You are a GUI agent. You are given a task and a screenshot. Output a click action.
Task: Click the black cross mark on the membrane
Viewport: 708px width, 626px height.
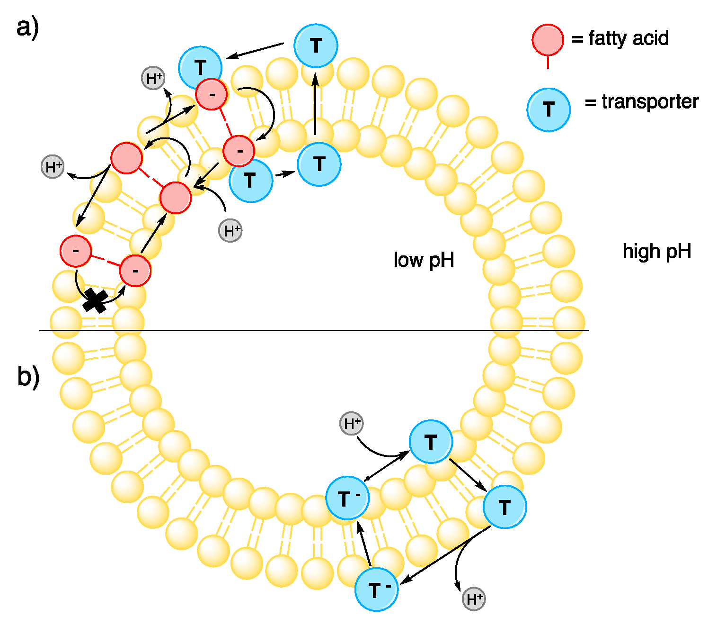[x=95, y=301]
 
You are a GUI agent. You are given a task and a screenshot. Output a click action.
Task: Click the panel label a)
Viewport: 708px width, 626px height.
[x=27, y=27]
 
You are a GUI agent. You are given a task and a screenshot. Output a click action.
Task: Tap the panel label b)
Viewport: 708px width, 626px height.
[x=28, y=377]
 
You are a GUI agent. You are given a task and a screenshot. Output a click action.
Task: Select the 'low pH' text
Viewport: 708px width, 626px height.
[x=424, y=260]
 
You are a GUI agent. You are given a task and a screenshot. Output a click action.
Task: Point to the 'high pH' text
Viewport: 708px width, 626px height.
[x=657, y=251]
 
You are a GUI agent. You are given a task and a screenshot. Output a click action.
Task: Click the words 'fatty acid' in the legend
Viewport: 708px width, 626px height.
[x=628, y=38]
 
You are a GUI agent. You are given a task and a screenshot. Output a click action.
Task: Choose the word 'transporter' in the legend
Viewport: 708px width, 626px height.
[x=650, y=101]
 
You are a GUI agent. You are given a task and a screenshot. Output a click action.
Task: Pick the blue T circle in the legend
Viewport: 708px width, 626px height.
[x=549, y=109]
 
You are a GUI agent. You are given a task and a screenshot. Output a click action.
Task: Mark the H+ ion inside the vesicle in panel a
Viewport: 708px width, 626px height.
[x=230, y=231]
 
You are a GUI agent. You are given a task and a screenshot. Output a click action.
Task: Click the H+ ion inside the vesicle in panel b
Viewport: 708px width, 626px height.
[x=352, y=424]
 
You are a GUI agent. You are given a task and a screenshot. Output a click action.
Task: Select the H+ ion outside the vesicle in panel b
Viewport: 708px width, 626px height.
[x=474, y=599]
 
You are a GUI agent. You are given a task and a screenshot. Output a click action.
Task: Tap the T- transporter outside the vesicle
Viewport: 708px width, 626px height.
[x=376, y=590]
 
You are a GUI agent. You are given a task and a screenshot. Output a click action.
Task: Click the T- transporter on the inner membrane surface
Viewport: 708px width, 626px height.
[x=347, y=498]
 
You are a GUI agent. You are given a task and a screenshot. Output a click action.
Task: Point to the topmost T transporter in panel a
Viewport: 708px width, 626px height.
[x=316, y=45]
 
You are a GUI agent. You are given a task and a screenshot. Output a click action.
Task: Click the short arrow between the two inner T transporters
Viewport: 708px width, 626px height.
[x=285, y=174]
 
